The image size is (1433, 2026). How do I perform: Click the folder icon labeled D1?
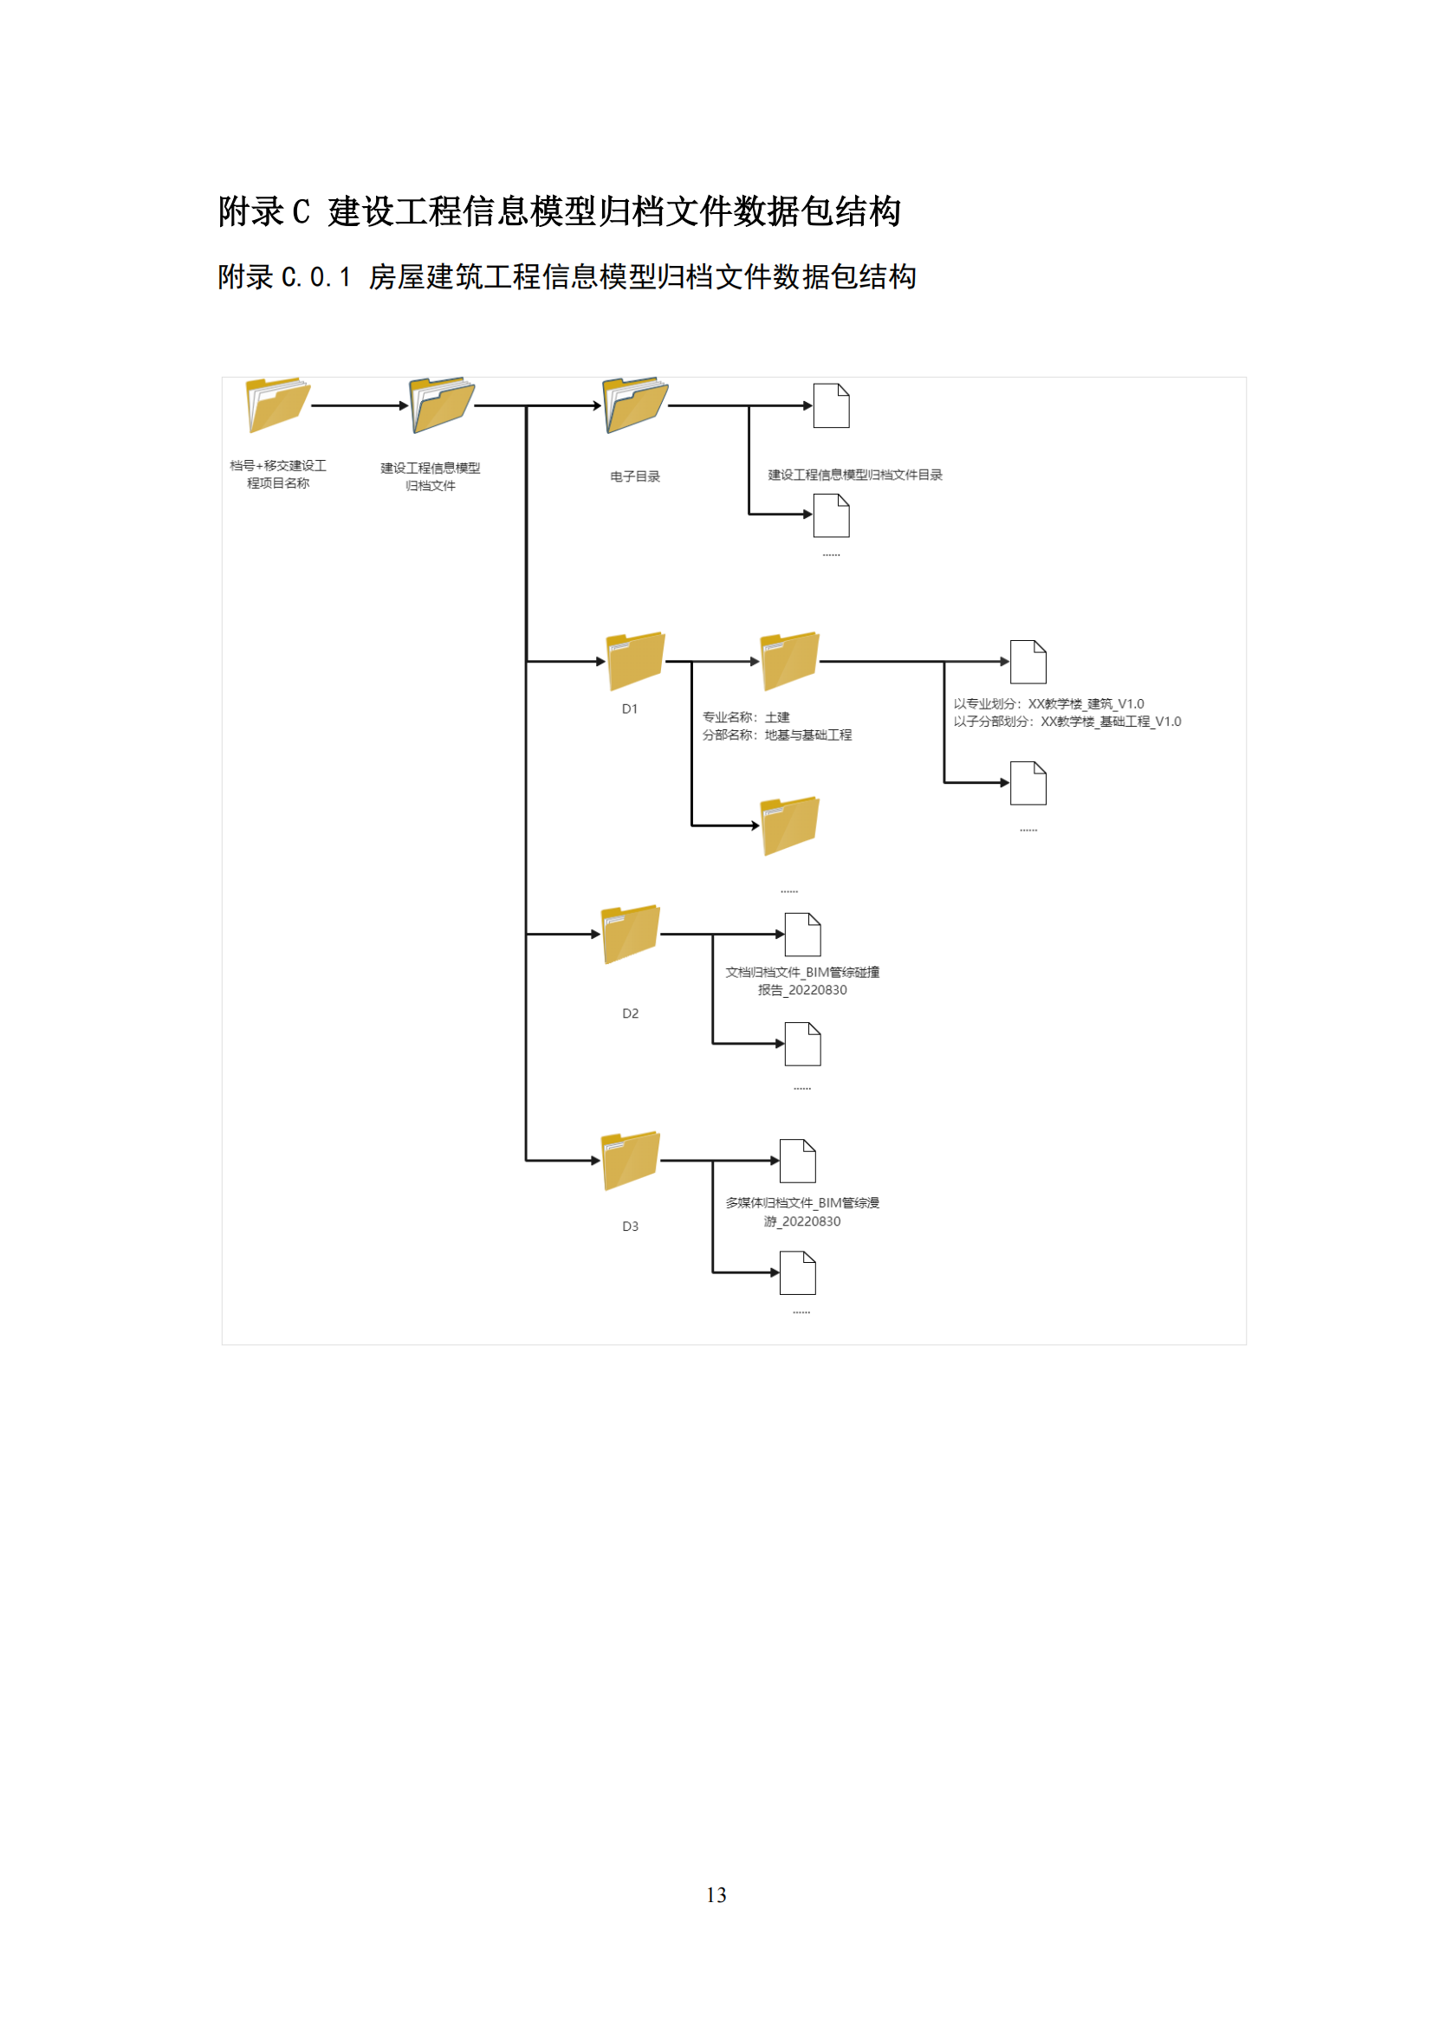coord(635,661)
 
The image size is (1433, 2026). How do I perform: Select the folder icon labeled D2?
coord(630,935)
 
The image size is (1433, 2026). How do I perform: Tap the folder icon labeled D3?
coord(630,1162)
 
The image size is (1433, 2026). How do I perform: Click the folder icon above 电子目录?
coord(635,406)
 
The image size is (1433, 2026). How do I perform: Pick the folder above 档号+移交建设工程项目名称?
coord(278,406)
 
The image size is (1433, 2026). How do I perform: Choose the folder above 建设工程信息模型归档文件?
coord(442,406)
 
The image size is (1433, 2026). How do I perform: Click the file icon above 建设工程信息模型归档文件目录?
coord(831,406)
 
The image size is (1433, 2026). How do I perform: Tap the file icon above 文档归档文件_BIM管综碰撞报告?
coord(803,935)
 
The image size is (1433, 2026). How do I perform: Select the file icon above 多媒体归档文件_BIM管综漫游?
coord(798,1162)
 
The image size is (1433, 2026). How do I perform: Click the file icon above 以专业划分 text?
coord(1028,662)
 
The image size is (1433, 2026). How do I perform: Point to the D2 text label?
coord(630,1013)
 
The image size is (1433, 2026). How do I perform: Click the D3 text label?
coord(630,1227)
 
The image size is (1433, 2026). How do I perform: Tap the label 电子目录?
coord(635,476)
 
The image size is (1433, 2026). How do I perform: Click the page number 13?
coord(716,1894)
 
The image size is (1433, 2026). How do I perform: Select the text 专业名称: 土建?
coord(746,717)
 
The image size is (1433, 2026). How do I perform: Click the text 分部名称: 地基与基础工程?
coord(777,735)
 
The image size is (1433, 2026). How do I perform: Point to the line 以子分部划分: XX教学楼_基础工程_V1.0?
coord(1067,722)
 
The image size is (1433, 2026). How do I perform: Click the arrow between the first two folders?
coord(360,406)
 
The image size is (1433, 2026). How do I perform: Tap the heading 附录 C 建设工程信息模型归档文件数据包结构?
coord(560,211)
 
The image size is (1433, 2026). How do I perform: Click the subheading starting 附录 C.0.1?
coord(567,277)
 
